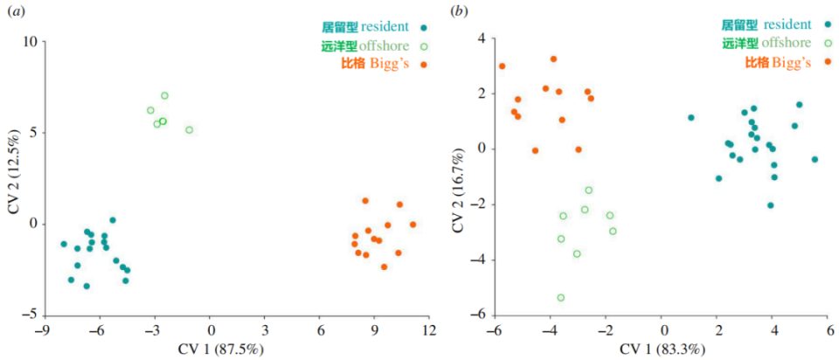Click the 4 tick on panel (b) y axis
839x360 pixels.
tap(479, 38)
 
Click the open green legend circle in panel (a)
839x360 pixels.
tap(424, 45)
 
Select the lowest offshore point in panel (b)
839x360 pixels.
tap(560, 297)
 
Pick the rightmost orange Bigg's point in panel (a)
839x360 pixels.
tap(413, 225)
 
